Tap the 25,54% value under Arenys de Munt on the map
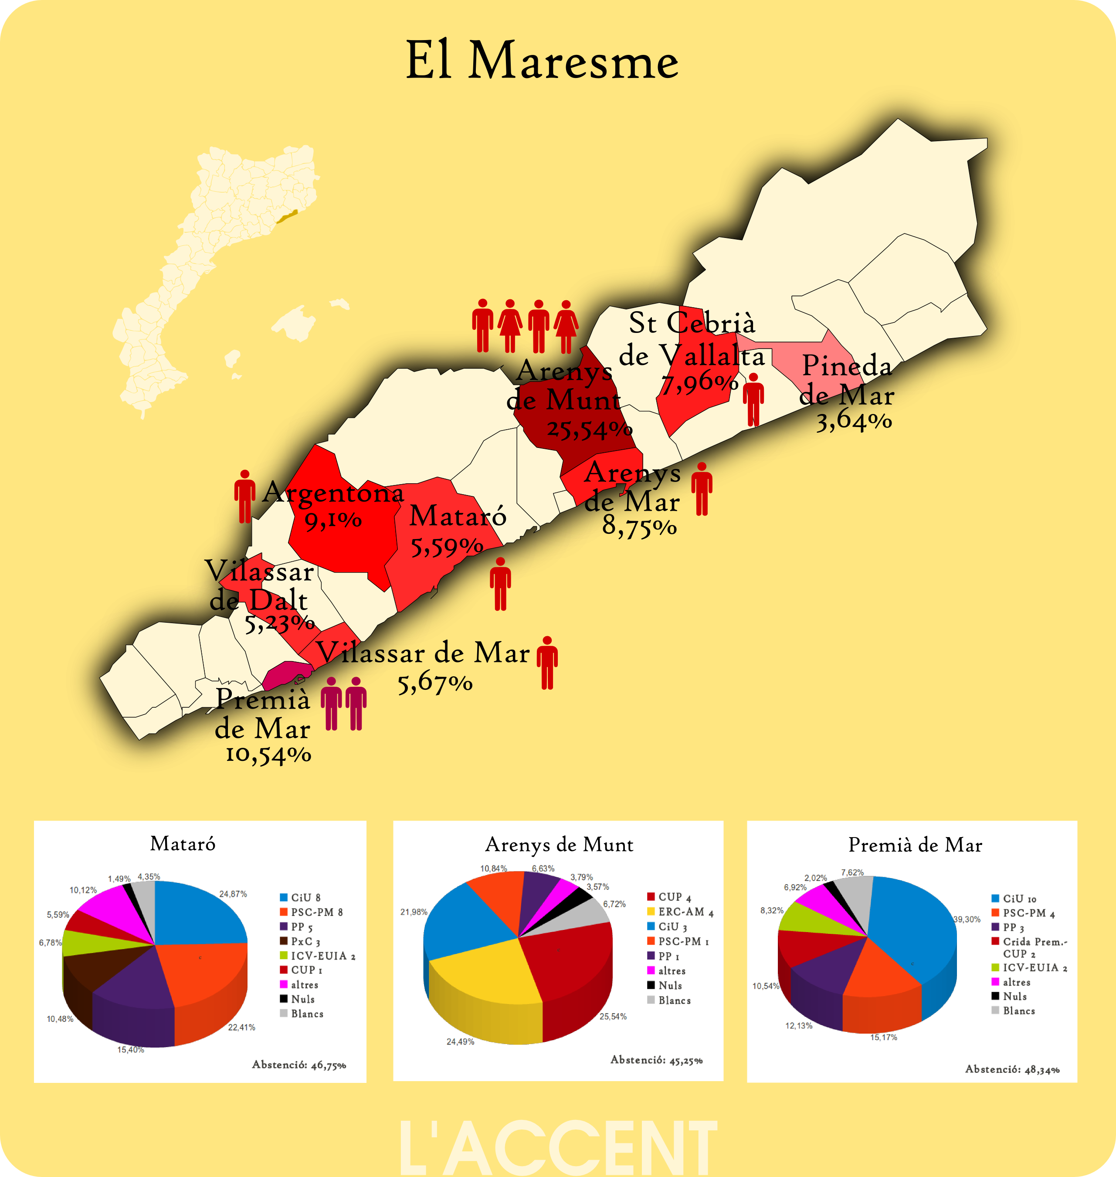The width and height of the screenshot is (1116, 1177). click(x=589, y=429)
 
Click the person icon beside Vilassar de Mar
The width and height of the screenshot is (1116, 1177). click(x=547, y=662)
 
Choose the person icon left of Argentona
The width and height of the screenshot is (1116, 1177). click(x=244, y=497)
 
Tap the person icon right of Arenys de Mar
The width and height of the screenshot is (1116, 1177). click(x=702, y=489)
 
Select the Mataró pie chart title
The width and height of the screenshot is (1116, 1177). click(x=183, y=843)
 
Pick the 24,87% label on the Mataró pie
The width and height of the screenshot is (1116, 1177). click(x=233, y=894)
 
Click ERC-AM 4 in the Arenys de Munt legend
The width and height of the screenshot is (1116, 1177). click(x=685, y=912)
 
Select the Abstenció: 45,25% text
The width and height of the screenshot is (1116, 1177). click(x=656, y=1060)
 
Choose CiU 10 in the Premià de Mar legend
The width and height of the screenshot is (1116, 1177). click(x=1019, y=899)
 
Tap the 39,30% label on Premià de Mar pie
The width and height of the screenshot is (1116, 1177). click(x=967, y=919)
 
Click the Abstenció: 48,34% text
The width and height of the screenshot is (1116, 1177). click(x=1012, y=1069)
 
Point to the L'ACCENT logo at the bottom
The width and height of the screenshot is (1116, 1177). click(x=558, y=1148)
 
